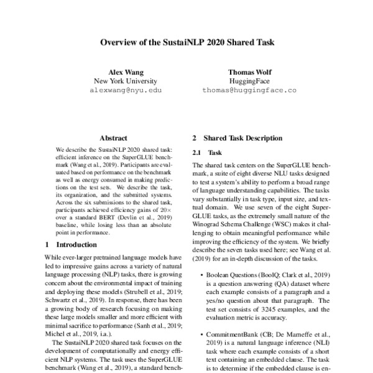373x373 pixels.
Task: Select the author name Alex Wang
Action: point(126,71)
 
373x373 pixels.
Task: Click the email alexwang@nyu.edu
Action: point(126,90)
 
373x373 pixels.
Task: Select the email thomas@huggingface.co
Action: point(249,90)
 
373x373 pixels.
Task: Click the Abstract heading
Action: point(113,138)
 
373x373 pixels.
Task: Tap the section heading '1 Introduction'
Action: point(68,245)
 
